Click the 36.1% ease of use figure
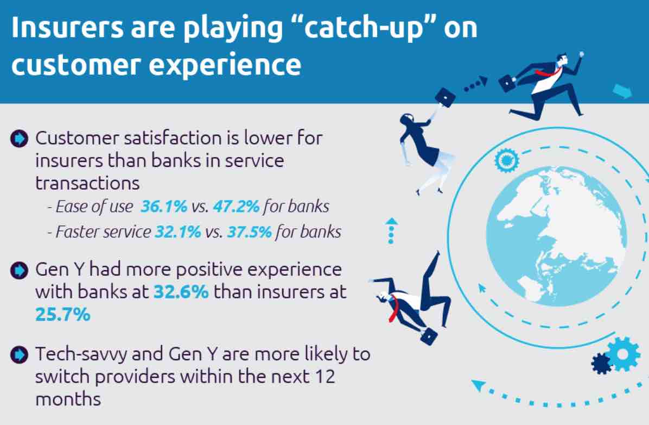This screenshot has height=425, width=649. coord(164,206)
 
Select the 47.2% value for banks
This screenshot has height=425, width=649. coord(237,206)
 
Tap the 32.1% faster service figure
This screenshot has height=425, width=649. coord(178,232)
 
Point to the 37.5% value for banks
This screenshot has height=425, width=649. coord(249,232)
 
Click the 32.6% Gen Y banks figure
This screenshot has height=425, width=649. coord(181,292)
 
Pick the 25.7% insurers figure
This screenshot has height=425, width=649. coord(62,314)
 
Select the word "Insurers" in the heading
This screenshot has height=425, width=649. coord(67,27)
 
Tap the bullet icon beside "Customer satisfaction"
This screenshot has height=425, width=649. coord(19,139)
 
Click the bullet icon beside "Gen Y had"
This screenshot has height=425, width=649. coord(19,270)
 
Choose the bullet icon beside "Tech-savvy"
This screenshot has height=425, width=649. coord(19,354)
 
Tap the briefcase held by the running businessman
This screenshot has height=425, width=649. coord(507,83)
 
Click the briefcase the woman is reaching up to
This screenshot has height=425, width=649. coord(445,97)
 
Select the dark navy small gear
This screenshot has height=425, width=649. coord(602,363)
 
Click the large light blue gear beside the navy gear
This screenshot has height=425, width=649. coord(623,354)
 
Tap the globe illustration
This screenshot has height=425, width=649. coord(556,236)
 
